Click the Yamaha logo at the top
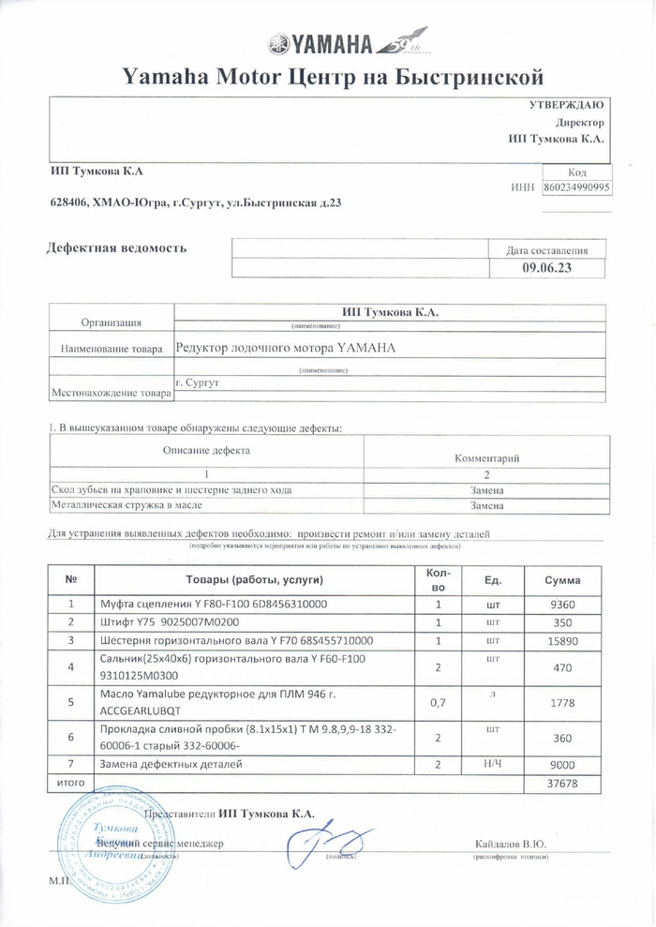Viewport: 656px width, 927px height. pyautogui.click(x=327, y=43)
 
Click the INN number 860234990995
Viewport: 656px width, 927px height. pyautogui.click(x=576, y=187)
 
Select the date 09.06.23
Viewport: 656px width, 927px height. pyautogui.click(x=547, y=268)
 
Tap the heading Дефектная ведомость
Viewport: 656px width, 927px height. pyautogui.click(x=116, y=248)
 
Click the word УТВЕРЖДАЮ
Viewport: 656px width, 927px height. pyautogui.click(x=567, y=105)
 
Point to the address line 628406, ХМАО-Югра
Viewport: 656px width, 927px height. pyautogui.click(x=188, y=202)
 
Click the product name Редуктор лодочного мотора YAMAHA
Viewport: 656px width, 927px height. pyautogui.click(x=286, y=348)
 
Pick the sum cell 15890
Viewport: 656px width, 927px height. pyautogui.click(x=562, y=641)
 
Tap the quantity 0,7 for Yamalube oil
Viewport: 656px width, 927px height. pyautogui.click(x=437, y=702)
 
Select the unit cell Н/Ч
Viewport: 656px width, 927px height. pyautogui.click(x=491, y=764)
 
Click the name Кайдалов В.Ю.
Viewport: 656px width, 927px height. pyautogui.click(x=511, y=845)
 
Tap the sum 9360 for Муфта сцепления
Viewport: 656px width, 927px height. pyautogui.click(x=562, y=604)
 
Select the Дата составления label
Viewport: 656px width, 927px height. pyautogui.click(x=547, y=250)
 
